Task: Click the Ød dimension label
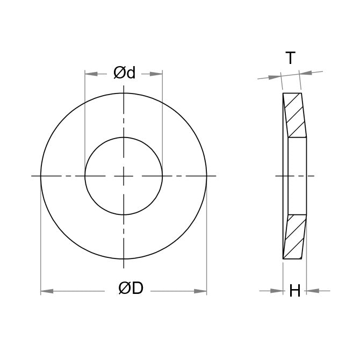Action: pyautogui.click(x=124, y=73)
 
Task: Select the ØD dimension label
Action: pyautogui.click(x=131, y=289)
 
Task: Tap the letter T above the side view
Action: pyautogui.click(x=290, y=59)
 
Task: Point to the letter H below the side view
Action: pyautogui.click(x=294, y=291)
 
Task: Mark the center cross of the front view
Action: pyautogui.click(x=124, y=176)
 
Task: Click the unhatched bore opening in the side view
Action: pyautogui.click(x=297, y=176)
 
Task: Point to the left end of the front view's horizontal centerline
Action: pyautogui.click(x=32, y=176)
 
